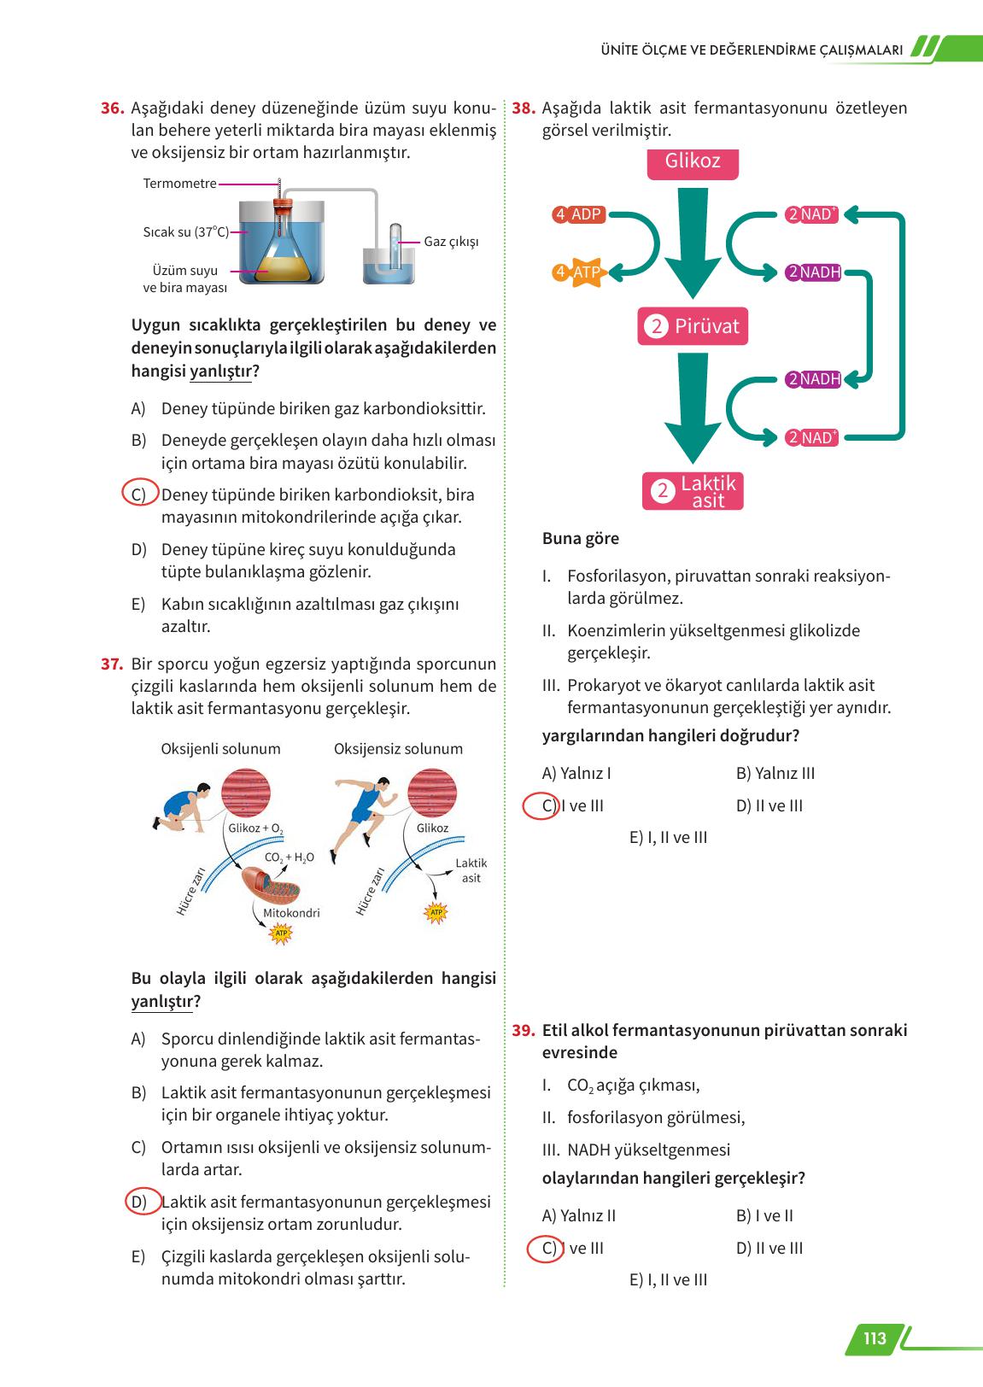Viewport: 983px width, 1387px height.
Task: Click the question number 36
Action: tap(113, 108)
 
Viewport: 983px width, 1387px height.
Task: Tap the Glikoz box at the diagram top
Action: tap(692, 162)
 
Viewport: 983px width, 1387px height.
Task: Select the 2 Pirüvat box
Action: tap(693, 326)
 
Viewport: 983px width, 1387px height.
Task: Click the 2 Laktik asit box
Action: tap(693, 492)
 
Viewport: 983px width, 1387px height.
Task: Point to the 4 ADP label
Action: tap(579, 214)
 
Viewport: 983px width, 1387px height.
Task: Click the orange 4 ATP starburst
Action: tap(579, 272)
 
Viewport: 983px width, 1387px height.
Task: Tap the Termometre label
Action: tap(179, 184)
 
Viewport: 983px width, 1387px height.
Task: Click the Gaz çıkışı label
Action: tap(451, 242)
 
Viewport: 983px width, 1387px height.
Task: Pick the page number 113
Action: tap(875, 1338)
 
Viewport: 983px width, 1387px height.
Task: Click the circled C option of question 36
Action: tap(139, 495)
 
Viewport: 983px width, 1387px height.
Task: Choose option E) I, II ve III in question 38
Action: tap(668, 838)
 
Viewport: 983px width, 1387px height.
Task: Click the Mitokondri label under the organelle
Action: tap(291, 913)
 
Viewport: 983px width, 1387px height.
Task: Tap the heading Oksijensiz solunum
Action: tap(398, 749)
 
